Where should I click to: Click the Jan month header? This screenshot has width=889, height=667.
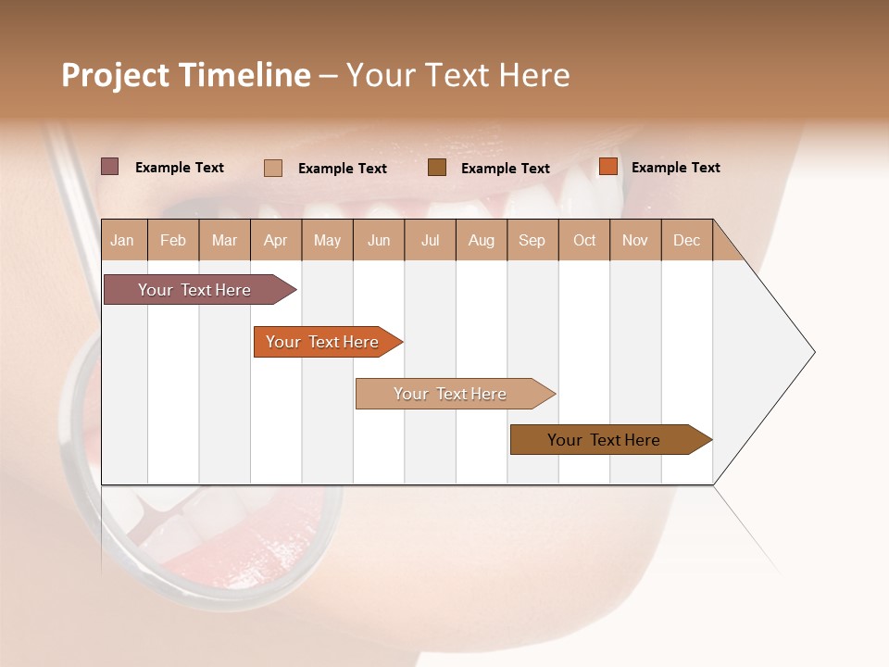122,240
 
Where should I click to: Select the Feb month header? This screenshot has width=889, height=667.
173,240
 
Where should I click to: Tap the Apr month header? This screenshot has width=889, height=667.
275,240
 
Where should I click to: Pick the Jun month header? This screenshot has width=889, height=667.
379,240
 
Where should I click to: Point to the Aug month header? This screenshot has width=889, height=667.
481,240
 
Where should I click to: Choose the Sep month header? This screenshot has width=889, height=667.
532,240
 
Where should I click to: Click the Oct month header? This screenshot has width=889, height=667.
584,240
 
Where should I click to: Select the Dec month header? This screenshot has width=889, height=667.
686,240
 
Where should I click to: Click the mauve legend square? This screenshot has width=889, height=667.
109,167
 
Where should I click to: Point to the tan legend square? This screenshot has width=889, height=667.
273,168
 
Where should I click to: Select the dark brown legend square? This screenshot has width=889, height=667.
437,168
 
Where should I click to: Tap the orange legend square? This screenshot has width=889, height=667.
607,167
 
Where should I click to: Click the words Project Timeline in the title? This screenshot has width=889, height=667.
186,75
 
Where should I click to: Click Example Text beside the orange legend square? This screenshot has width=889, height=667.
675,168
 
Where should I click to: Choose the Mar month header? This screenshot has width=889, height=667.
224,240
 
